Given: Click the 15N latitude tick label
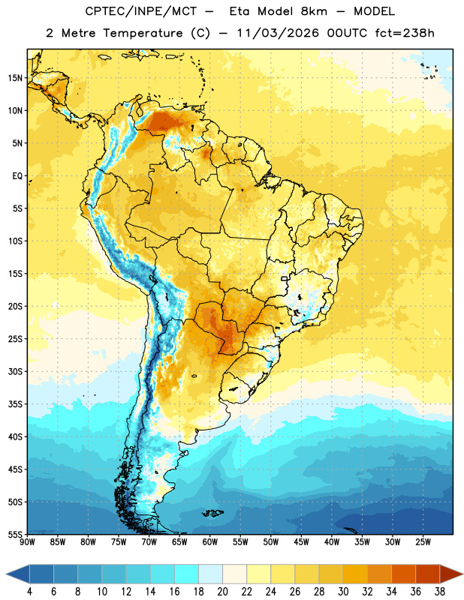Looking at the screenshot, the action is click(15, 78).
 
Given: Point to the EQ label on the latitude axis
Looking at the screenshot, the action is click(17, 176).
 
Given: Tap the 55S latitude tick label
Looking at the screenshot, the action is click(15, 535).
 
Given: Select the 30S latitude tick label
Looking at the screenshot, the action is click(15, 371).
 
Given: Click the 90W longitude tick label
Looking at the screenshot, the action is click(27, 542).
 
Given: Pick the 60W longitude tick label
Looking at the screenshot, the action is click(210, 542).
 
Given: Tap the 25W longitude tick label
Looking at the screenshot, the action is click(423, 542).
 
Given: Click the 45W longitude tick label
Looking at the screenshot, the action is click(301, 542).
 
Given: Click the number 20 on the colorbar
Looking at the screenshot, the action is click(222, 592).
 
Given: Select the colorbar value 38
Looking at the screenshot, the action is click(440, 592).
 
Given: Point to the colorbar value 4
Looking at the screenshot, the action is click(29, 592).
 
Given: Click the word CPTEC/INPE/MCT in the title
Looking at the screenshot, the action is click(141, 11).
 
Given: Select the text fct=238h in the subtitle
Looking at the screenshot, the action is click(405, 33).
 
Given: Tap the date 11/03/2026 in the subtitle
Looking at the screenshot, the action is click(278, 33).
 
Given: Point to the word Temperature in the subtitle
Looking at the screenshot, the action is click(143, 33).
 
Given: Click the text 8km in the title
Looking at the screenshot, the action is click(314, 11).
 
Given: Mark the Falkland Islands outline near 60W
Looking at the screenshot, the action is click(212, 513).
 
